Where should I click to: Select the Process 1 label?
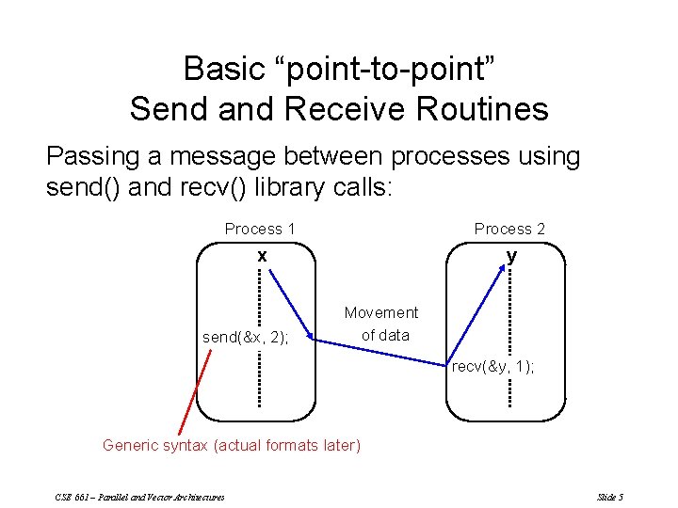point(260,229)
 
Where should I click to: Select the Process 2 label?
point(509,229)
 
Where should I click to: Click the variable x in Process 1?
point(263,255)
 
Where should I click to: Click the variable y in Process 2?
point(511,255)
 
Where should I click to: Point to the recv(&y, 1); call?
point(492,367)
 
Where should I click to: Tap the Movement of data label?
point(381,323)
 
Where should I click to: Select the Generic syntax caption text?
point(231,445)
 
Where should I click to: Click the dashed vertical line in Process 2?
point(509,329)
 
